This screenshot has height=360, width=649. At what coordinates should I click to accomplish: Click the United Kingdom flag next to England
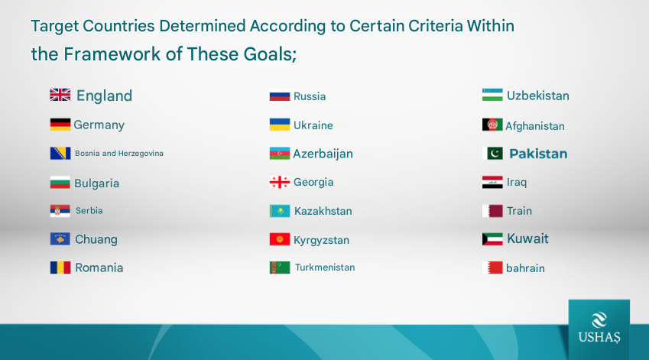pyautogui.click(x=60, y=95)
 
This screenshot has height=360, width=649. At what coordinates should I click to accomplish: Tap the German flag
pyautogui.click(x=60, y=125)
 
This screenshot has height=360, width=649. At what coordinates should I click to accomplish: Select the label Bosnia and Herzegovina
pyautogui.click(x=119, y=154)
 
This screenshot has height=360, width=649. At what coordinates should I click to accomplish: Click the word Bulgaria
pyautogui.click(x=97, y=183)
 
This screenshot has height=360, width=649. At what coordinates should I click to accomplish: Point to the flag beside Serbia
pyautogui.click(x=60, y=211)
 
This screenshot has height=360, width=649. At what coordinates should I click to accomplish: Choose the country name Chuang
pyautogui.click(x=96, y=239)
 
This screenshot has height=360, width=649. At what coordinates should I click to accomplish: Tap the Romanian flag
pyautogui.click(x=60, y=268)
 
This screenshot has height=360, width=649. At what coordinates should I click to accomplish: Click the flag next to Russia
pyautogui.click(x=280, y=96)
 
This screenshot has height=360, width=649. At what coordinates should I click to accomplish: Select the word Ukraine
pyautogui.click(x=313, y=125)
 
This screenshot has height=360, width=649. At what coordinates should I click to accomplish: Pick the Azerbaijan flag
pyautogui.click(x=280, y=154)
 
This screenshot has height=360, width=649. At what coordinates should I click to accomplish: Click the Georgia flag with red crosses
pyautogui.click(x=280, y=182)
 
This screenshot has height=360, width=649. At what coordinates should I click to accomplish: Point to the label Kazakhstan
pyautogui.click(x=323, y=211)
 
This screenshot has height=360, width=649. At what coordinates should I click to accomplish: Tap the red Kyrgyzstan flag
pyautogui.click(x=280, y=239)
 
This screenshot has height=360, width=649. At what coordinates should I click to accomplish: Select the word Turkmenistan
pyautogui.click(x=325, y=268)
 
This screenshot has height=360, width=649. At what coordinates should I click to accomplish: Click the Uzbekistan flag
pyautogui.click(x=492, y=95)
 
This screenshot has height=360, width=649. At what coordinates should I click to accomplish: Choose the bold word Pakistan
pyautogui.click(x=538, y=154)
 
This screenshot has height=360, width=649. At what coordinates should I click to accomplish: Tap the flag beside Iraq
pyautogui.click(x=492, y=182)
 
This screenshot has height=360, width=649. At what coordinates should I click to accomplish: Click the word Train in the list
pyautogui.click(x=520, y=211)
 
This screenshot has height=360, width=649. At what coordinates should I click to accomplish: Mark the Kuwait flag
pyautogui.click(x=492, y=239)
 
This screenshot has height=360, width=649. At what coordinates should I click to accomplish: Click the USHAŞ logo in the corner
pyautogui.click(x=599, y=328)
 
